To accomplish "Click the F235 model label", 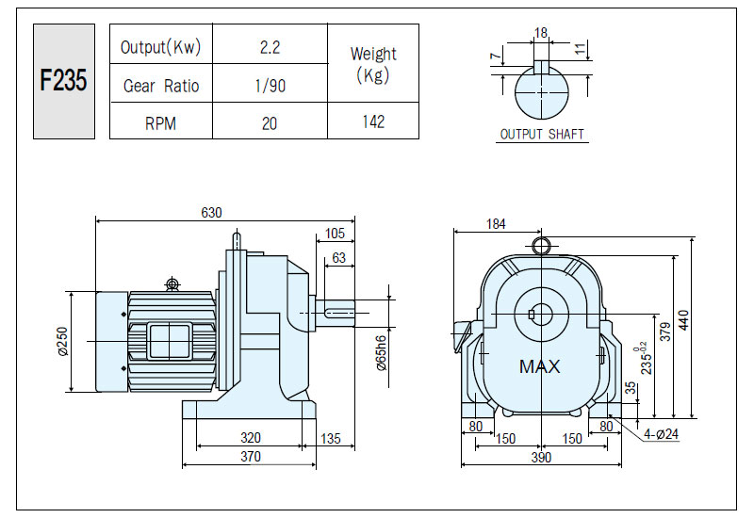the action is pos(63,80).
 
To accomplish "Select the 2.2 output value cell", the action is pos(270,47).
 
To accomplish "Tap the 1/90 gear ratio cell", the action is pos(270,86).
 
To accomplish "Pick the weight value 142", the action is pos(373,121).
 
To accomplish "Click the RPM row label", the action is pos(160,123).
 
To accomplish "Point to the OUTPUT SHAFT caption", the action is pos(542,134).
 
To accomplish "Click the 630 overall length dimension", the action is pos(211,213).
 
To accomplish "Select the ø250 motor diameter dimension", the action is pos(62,341).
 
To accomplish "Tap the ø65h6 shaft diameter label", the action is pos(382,353).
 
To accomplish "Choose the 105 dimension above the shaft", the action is pos(335,234).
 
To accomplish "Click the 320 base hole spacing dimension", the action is pos(251,437).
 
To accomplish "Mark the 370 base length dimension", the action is pos(251,456).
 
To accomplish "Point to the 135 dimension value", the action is pos(331,438).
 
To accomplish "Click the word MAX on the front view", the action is pos(539,366).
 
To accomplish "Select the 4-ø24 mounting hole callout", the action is pos(662,434).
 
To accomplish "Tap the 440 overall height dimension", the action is pos(683,319).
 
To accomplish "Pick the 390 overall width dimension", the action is pos(541,457).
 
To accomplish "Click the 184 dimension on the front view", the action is pos(496,224).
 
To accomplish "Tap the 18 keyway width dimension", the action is pos(541,33).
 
